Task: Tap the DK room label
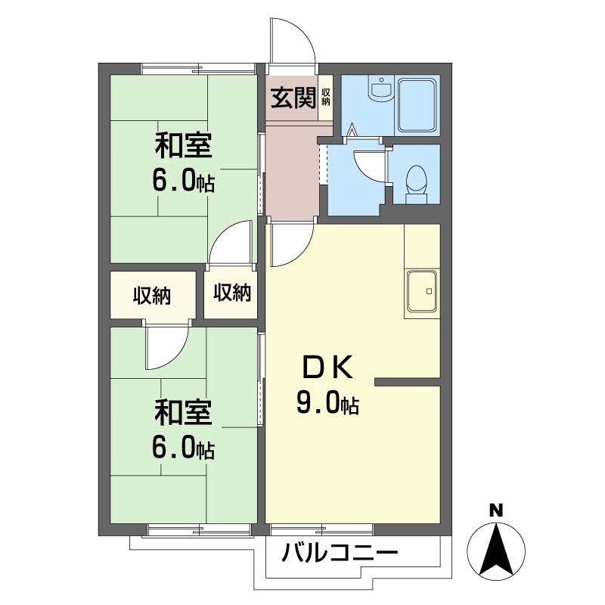point(327,368)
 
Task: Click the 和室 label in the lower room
point(183,413)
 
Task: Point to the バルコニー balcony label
point(340,555)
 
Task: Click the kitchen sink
point(422,291)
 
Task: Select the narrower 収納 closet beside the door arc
point(231,293)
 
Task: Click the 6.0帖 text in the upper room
point(183,182)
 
